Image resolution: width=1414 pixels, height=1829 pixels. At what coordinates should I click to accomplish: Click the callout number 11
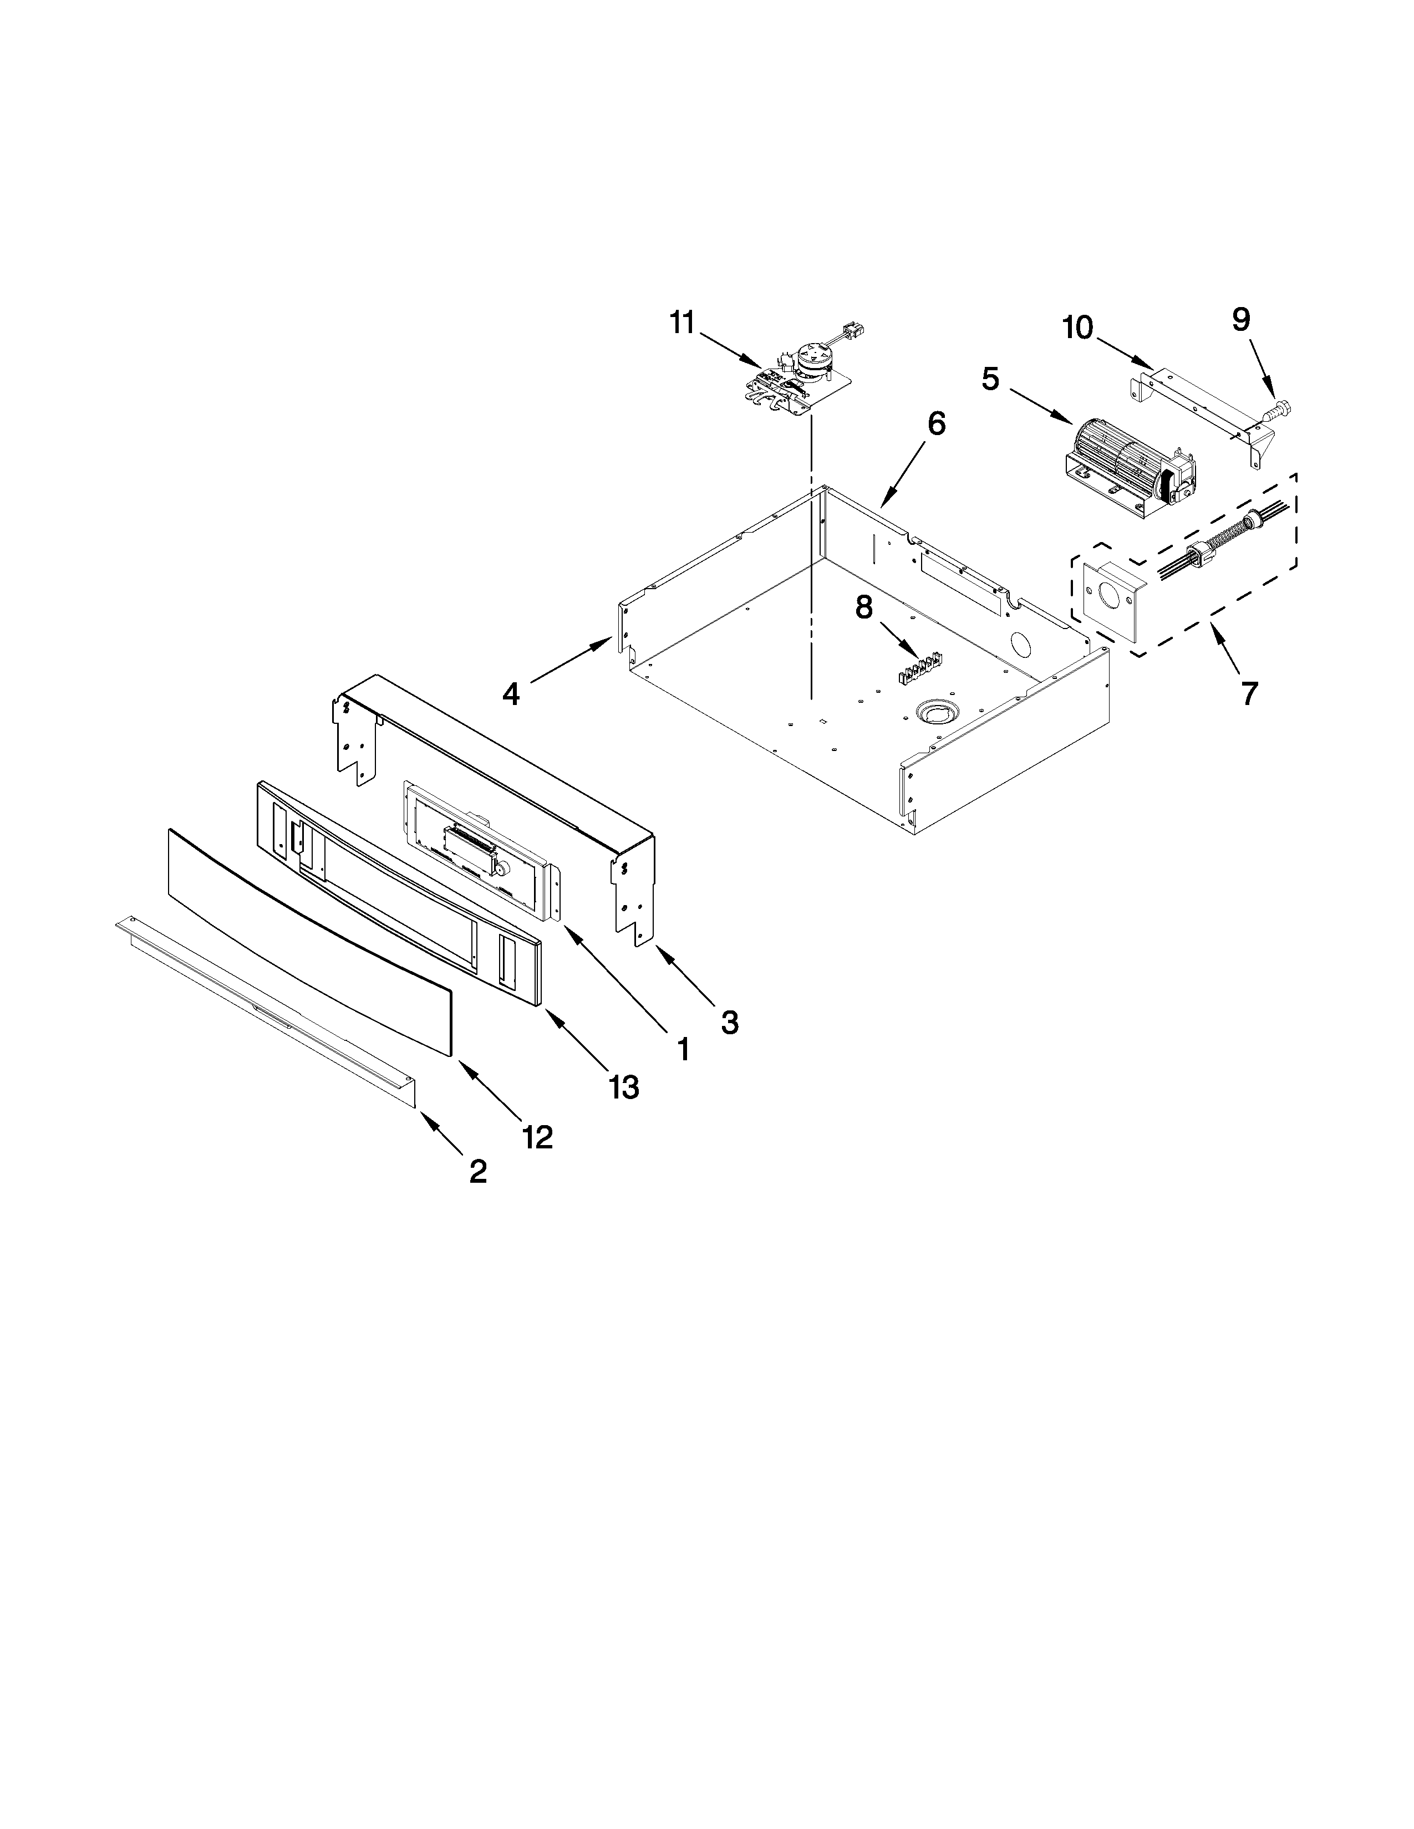pyautogui.click(x=683, y=323)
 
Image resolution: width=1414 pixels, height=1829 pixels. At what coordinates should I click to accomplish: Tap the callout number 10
pyautogui.click(x=1078, y=328)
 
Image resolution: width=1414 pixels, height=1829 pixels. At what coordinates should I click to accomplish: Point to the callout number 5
pyautogui.click(x=990, y=379)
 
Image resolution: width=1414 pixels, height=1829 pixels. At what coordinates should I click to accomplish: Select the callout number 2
pyautogui.click(x=477, y=1171)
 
